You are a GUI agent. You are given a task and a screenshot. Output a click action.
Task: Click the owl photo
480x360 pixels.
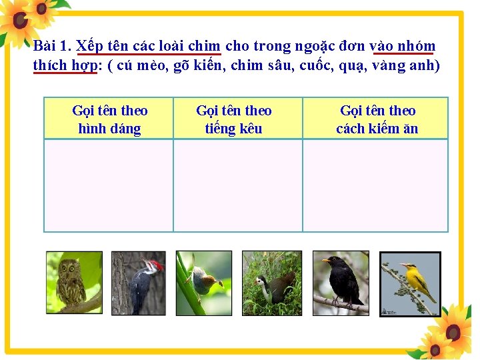[73, 282]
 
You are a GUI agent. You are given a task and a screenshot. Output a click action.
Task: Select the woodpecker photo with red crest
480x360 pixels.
[138, 283]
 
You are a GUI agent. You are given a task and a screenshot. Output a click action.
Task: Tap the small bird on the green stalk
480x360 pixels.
[203, 283]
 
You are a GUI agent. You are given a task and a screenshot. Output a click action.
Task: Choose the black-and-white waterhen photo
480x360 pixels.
[271, 283]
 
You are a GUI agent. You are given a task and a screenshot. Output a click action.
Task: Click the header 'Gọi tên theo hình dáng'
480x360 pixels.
[109, 119]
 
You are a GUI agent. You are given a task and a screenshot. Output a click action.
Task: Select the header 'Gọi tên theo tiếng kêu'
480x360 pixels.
[233, 119]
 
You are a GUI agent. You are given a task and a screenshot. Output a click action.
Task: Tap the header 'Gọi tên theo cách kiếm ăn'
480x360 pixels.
[377, 119]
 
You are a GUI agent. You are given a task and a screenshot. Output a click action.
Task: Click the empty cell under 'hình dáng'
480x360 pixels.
[109, 185]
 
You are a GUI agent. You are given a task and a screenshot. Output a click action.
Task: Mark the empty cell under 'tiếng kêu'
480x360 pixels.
[238, 185]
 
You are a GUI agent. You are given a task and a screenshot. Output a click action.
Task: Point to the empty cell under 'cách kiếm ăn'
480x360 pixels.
[375, 185]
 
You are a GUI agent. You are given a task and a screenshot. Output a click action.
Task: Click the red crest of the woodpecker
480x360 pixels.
[155, 265]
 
